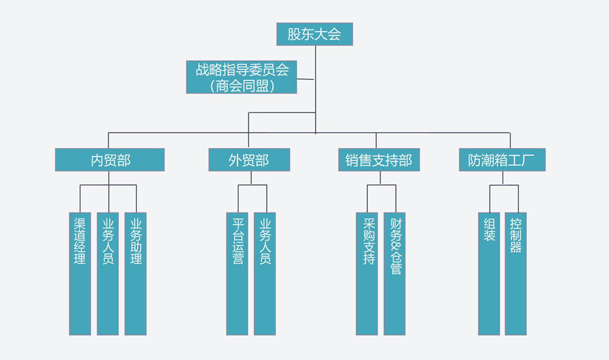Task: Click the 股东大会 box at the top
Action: pyautogui.click(x=314, y=34)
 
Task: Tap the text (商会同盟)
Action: pyautogui.click(x=241, y=86)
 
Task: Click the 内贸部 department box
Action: pyautogui.click(x=110, y=160)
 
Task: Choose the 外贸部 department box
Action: pyautogui.click(x=248, y=160)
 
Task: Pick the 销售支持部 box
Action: pyautogui.click(x=378, y=160)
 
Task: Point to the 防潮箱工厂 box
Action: pyautogui.click(x=502, y=160)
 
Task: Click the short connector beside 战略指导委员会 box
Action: pyautogui.click(x=306, y=79)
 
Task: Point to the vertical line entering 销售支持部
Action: pyautogui.click(x=376, y=140)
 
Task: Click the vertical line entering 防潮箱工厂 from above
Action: pyautogui.click(x=510, y=140)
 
